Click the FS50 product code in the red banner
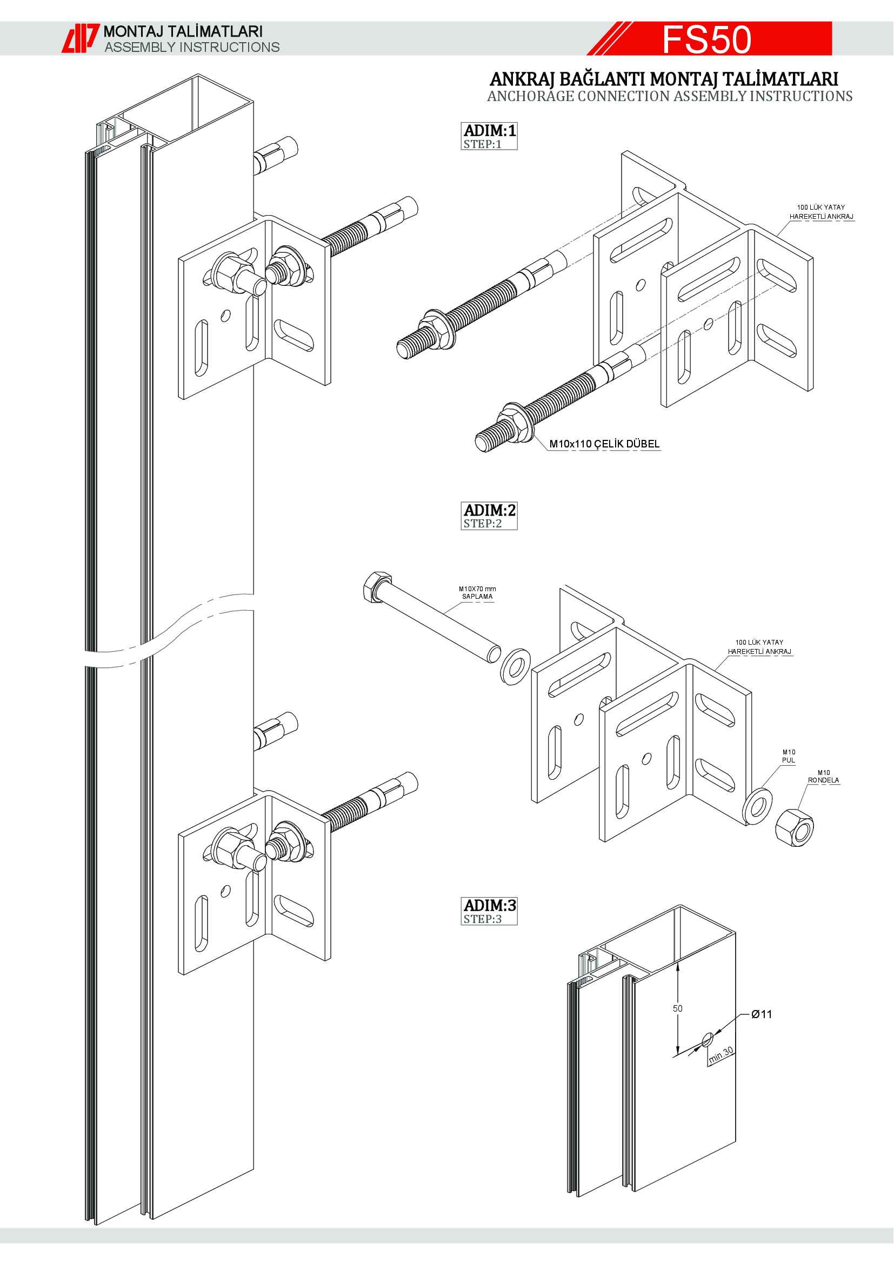click(x=706, y=39)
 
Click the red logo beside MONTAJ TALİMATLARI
click(x=80, y=38)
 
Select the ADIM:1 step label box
click(x=489, y=136)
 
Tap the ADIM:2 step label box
click(x=489, y=516)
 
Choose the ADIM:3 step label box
click(x=489, y=911)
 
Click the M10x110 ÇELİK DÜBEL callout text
click(x=604, y=444)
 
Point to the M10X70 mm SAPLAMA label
click(x=477, y=592)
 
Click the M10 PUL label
click(x=789, y=756)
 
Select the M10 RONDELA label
click(x=824, y=776)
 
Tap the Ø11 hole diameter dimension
click(x=762, y=1014)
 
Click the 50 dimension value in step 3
click(x=678, y=1008)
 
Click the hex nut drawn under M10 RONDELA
click(x=795, y=827)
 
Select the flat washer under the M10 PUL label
click(x=757, y=806)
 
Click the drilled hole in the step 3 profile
click(x=708, y=1039)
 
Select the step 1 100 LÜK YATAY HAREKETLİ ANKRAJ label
click(x=822, y=212)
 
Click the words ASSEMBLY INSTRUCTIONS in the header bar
click(x=192, y=48)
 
